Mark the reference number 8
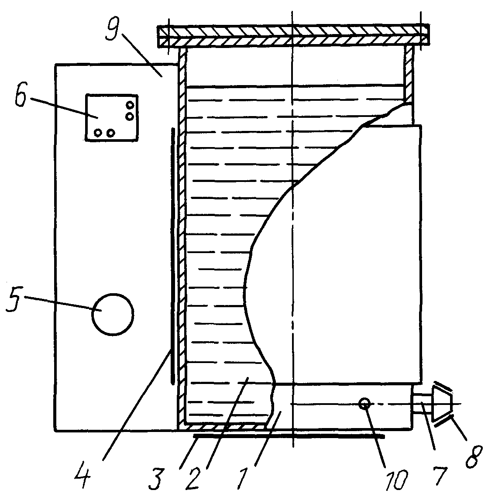[x=474, y=457]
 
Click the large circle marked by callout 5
[x=113, y=314]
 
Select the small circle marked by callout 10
[x=364, y=404]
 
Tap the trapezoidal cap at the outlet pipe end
[x=441, y=403]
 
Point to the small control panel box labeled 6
[x=112, y=117]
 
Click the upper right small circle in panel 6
[x=130, y=105]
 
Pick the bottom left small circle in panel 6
[x=98, y=133]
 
